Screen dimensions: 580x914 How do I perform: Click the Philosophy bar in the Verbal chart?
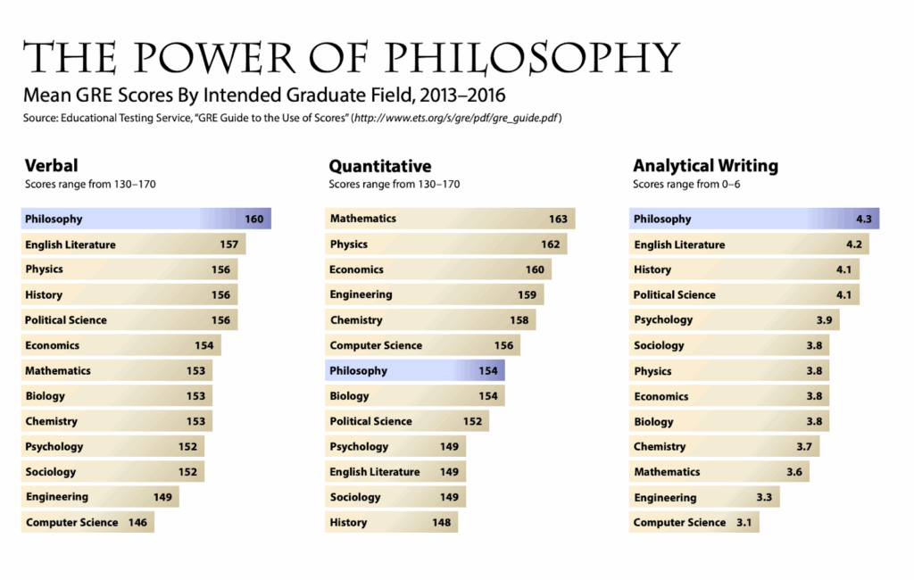pos(145,219)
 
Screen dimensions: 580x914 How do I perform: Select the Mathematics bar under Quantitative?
pos(450,219)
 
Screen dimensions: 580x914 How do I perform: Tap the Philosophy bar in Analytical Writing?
pos(754,219)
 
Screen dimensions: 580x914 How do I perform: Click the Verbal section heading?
pos(51,166)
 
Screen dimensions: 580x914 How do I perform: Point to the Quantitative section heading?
pos(380,166)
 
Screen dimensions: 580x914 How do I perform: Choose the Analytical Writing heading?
pos(705,166)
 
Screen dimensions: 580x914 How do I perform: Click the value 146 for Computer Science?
pos(137,522)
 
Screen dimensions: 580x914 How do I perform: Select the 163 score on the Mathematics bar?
pos(559,219)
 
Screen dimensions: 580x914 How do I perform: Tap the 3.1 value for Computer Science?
pos(744,522)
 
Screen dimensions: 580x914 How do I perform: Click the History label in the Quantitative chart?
pos(348,522)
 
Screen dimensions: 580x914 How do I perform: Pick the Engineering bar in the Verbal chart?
pos(100,497)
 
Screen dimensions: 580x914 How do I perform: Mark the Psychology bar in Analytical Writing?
pos(734,319)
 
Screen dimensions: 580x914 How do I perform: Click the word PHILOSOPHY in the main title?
pos(534,58)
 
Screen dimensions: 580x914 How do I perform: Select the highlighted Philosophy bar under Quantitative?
pos(415,370)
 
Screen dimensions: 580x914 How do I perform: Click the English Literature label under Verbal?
pos(71,244)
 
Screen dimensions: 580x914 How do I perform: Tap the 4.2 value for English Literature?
pos(852,244)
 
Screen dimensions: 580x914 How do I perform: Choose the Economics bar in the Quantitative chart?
pos(438,269)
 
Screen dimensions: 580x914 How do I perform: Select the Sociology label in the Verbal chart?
pos(51,471)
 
